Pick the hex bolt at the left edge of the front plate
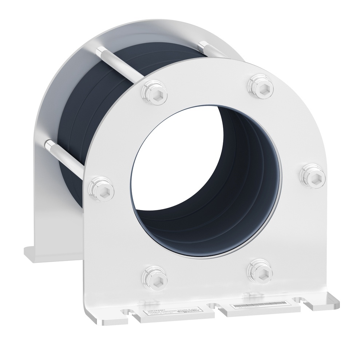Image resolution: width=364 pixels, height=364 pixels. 98,186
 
